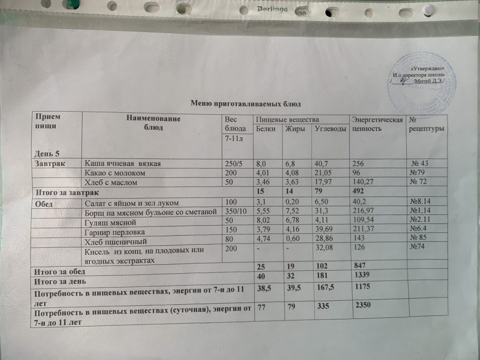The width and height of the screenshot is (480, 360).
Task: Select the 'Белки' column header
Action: coord(266,129)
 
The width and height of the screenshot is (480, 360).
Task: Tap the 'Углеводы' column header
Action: coord(330,129)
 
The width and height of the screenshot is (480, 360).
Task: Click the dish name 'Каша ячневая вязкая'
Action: coord(123,164)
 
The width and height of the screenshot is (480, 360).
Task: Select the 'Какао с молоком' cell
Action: coord(115,173)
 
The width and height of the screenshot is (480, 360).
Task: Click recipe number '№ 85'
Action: coord(419,241)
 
